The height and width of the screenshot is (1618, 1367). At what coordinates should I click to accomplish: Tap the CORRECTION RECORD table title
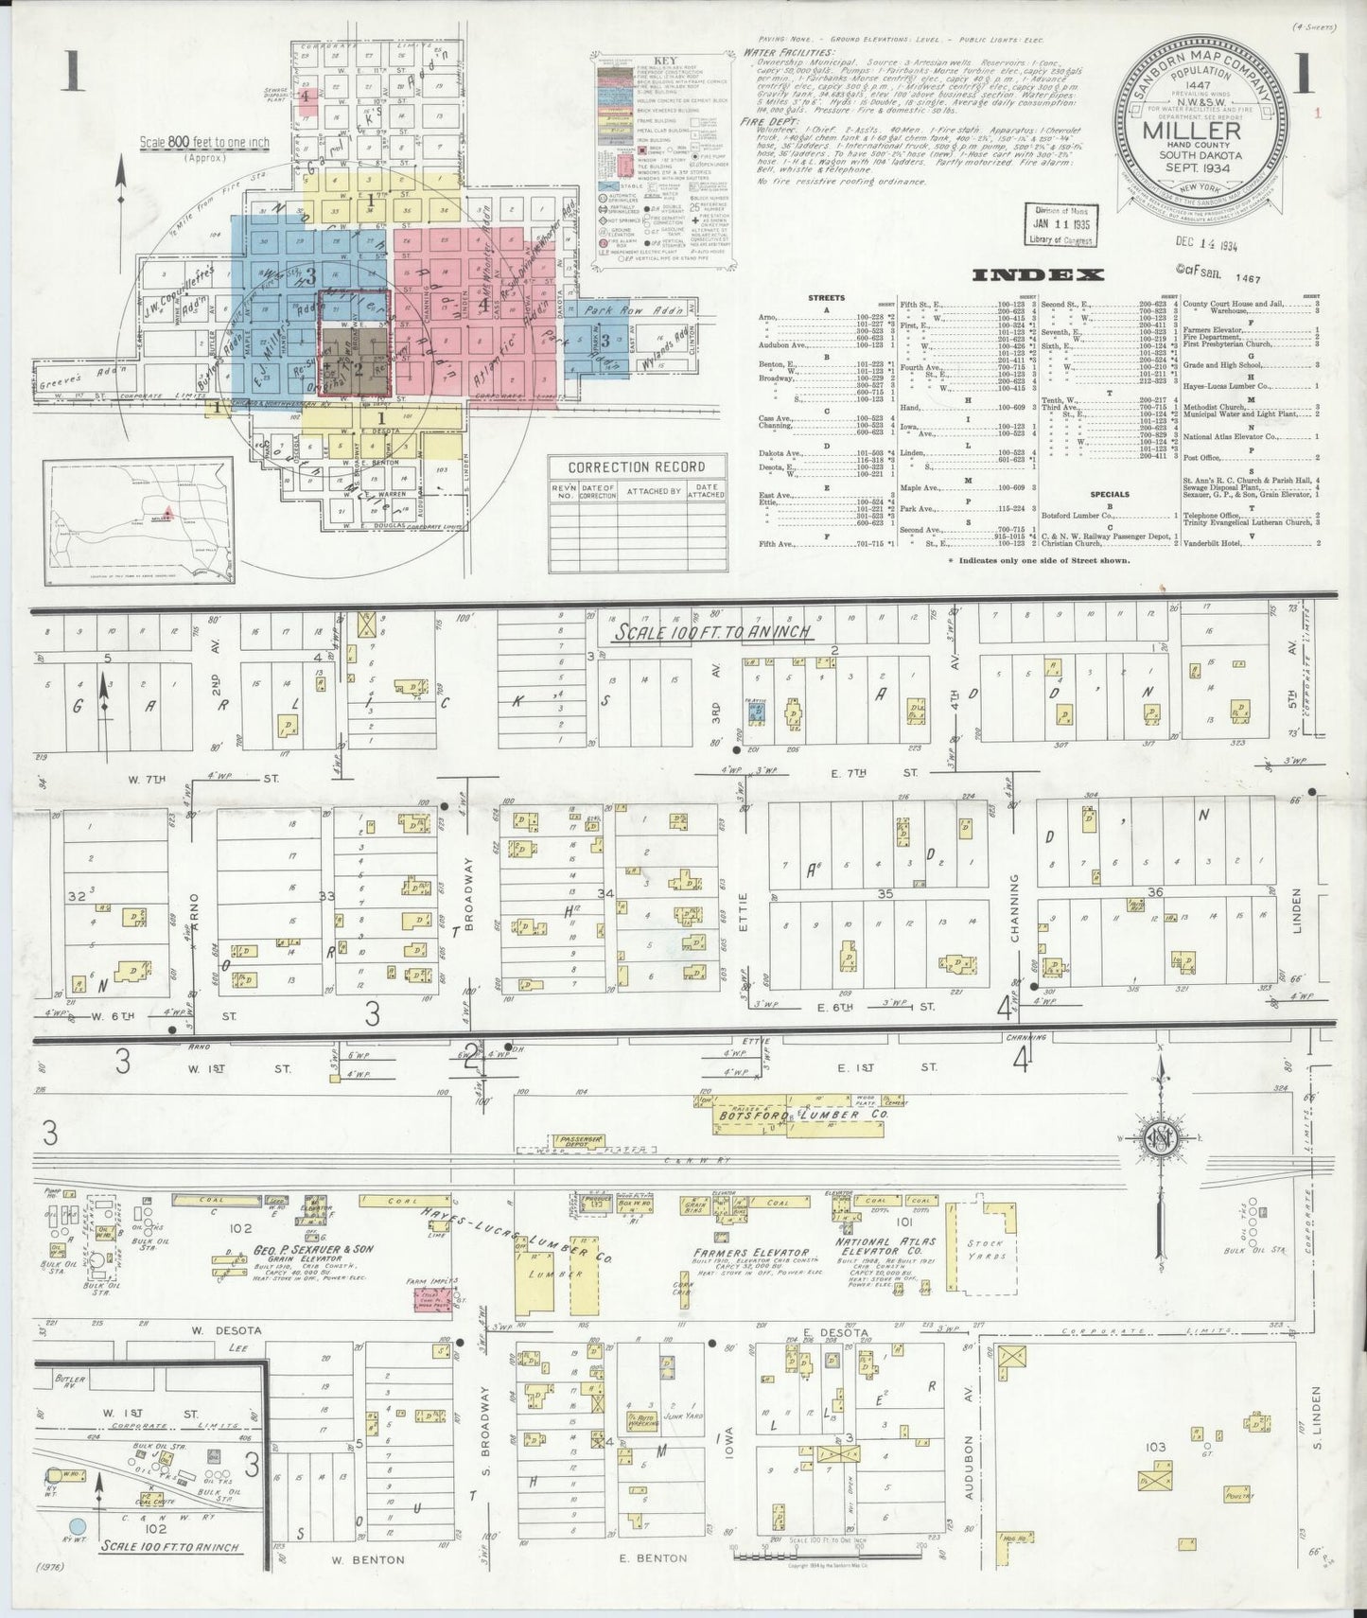[638, 466]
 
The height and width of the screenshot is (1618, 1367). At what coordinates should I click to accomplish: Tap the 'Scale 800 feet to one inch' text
[204, 143]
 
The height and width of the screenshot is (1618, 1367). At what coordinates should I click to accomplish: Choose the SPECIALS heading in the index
[1110, 494]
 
